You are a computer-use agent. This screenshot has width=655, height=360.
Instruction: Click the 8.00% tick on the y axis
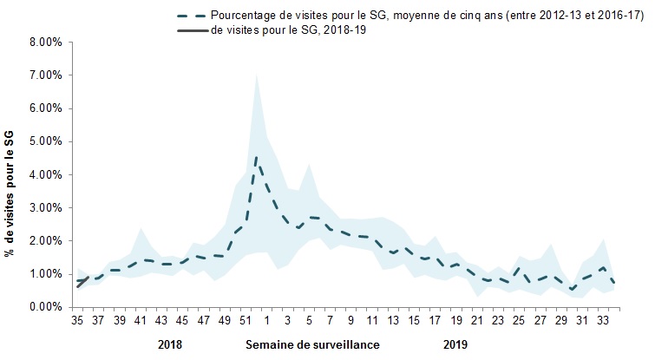click(x=43, y=42)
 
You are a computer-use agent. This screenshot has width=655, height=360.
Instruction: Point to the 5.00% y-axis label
click(x=43, y=141)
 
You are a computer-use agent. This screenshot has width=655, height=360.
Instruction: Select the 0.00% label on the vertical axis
click(x=43, y=307)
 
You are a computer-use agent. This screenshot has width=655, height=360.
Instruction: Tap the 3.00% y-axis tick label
click(x=43, y=207)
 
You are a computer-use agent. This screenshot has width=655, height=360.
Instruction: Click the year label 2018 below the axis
click(x=171, y=344)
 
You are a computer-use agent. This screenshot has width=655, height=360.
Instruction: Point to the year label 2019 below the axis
click(x=455, y=344)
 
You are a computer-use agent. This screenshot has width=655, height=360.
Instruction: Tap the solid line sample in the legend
click(x=191, y=32)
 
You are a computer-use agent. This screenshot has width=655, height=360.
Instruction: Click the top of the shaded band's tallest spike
click(x=256, y=75)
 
